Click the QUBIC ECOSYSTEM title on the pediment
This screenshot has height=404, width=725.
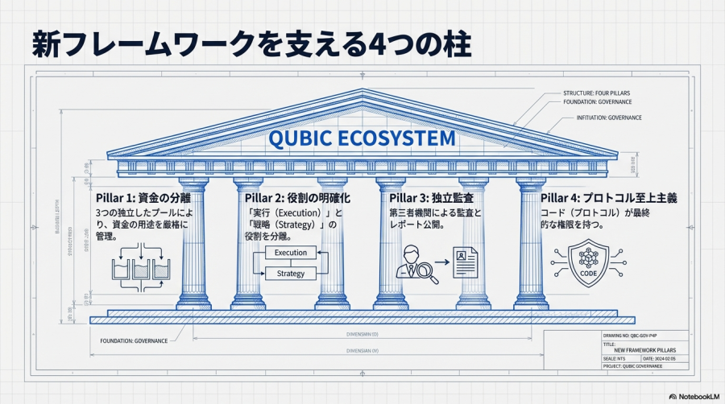(362, 138)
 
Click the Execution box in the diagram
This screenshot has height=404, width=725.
(291, 253)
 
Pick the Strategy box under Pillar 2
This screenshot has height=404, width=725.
(291, 274)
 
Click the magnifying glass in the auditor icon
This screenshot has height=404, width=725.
(428, 274)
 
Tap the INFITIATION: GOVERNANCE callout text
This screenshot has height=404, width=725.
(609, 118)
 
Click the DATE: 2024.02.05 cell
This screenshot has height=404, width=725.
(664, 358)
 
